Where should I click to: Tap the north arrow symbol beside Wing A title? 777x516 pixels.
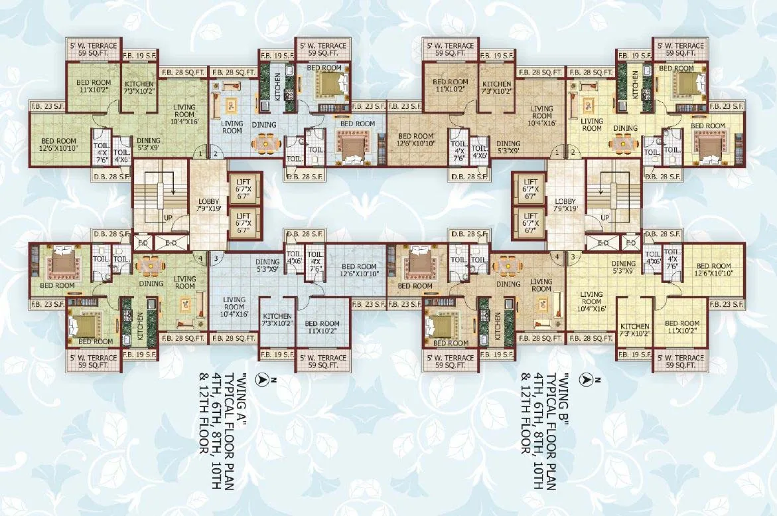(x=262, y=379)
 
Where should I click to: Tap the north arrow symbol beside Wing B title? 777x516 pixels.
(x=585, y=379)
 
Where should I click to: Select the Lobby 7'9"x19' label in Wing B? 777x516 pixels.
(x=565, y=205)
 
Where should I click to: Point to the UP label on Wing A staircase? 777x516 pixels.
(x=167, y=217)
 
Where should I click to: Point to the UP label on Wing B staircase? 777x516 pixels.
(x=604, y=217)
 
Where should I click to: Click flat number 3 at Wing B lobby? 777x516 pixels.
(x=572, y=256)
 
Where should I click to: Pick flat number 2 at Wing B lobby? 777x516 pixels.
(x=572, y=153)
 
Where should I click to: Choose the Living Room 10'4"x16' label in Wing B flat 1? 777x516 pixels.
(x=541, y=115)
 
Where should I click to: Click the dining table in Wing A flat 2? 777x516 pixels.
(x=264, y=143)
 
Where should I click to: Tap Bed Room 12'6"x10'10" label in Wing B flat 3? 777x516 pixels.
(x=714, y=269)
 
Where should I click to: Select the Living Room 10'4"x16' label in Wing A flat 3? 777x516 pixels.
(x=235, y=306)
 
